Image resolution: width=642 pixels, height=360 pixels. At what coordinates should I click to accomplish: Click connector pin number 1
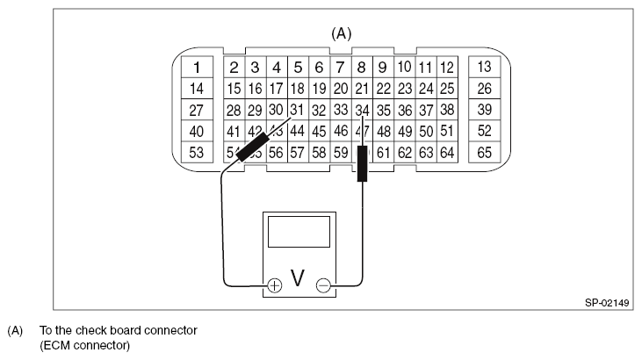click(198, 68)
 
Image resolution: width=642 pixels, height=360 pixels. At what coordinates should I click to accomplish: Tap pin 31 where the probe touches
click(297, 110)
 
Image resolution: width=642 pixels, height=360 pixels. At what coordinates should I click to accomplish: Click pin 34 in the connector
click(362, 110)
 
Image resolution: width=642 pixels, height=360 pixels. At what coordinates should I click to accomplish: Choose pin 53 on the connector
click(198, 152)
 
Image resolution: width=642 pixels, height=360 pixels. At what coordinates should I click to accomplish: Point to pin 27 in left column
click(198, 110)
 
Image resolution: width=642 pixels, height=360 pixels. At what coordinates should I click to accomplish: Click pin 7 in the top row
click(340, 68)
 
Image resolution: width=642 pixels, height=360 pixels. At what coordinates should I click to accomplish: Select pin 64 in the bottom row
click(446, 152)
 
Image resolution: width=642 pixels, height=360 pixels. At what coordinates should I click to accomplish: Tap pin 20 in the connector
click(340, 89)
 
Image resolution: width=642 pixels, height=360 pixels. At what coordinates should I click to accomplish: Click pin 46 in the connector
click(340, 131)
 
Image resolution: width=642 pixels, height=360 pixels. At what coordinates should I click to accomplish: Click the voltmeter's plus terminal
click(274, 285)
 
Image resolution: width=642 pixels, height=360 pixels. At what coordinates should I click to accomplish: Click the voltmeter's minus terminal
click(323, 285)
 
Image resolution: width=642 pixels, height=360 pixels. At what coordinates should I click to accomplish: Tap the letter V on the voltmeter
click(298, 279)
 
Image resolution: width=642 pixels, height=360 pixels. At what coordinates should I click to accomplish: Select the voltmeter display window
click(299, 233)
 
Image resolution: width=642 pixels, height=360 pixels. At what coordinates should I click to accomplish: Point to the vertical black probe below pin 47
click(362, 164)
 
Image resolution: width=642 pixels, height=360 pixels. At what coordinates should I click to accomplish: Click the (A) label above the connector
click(341, 33)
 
